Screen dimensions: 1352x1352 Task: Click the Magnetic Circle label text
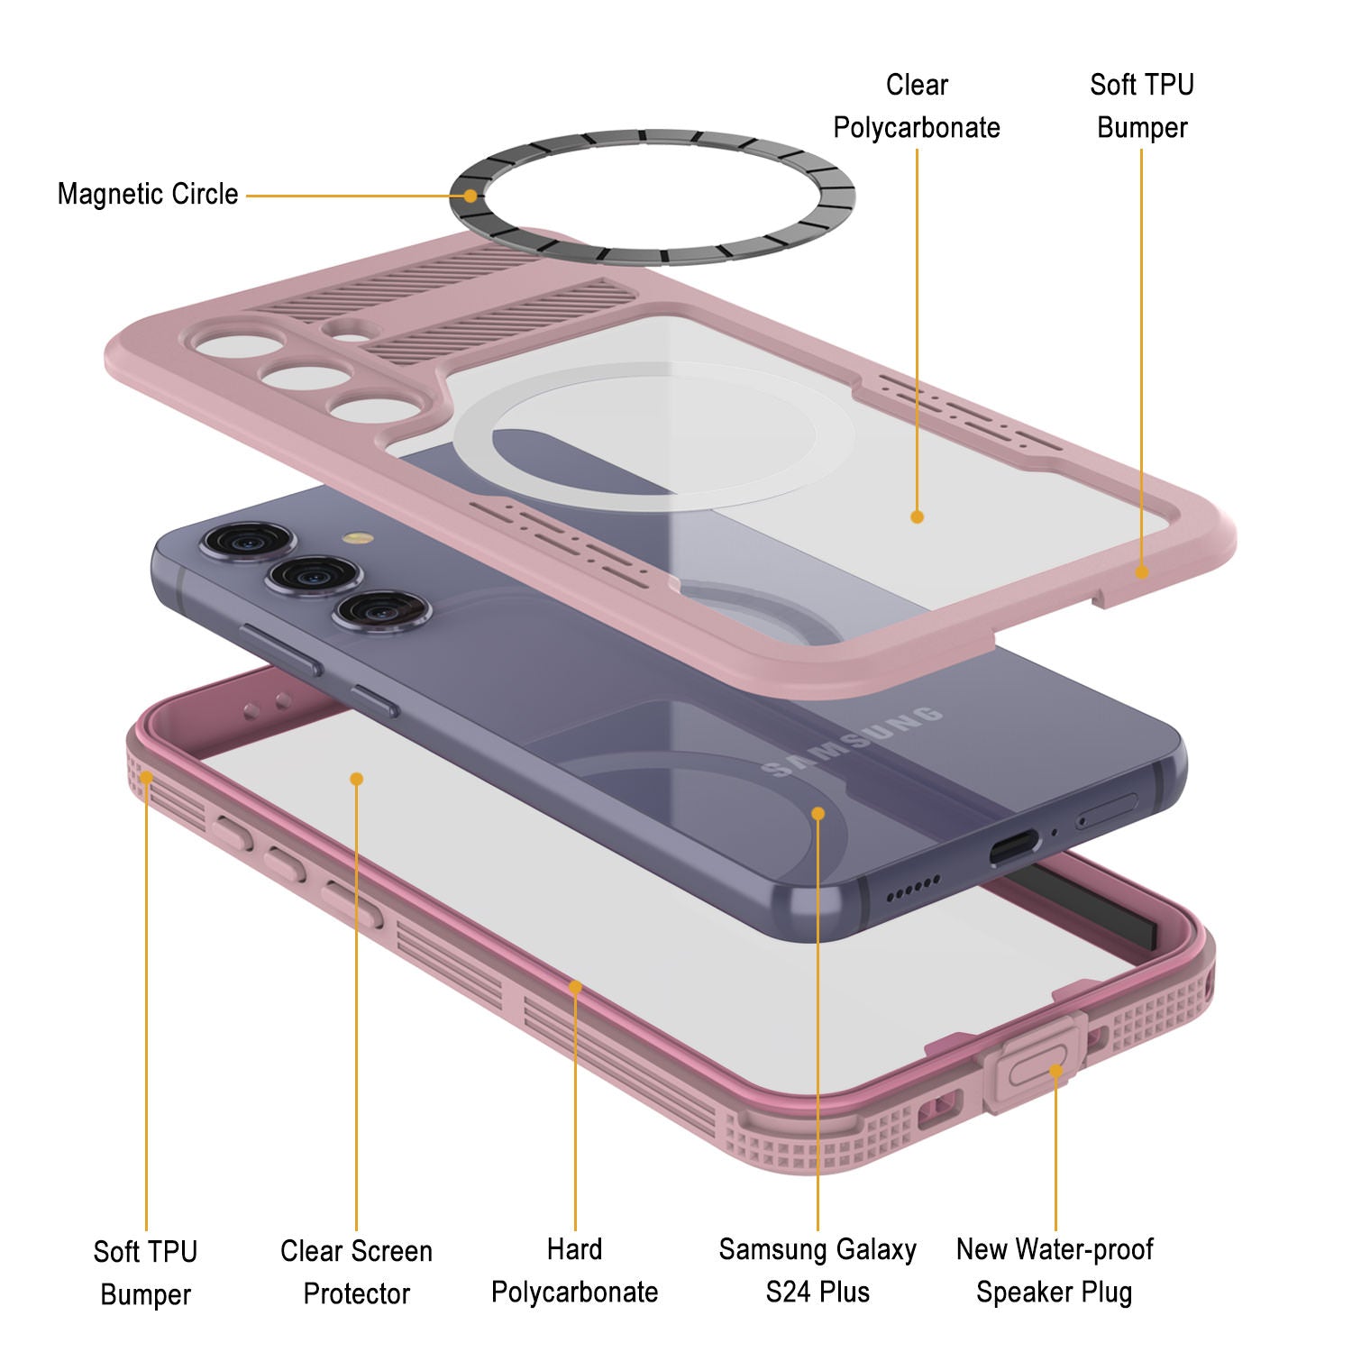pyautogui.click(x=148, y=194)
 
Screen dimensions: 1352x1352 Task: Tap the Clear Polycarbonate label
pyautogui.click(x=916, y=106)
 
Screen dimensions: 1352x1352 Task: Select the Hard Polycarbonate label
pyautogui.click(x=574, y=1271)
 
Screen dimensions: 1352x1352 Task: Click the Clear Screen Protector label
pyautogui.click(x=356, y=1272)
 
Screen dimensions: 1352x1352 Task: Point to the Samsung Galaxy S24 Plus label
pyautogui.click(x=818, y=1271)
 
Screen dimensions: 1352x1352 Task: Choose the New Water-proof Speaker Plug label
pyautogui.click(x=1054, y=1271)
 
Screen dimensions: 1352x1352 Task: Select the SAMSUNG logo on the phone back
pyautogui.click(x=852, y=742)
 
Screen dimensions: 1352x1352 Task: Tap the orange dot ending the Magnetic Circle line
pyautogui.click(x=470, y=196)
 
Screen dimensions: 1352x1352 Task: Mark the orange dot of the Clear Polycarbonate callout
pyautogui.click(x=917, y=516)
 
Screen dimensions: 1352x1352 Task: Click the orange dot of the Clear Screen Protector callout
pyautogui.click(x=357, y=779)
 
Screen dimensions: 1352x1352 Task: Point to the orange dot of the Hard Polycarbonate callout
pyautogui.click(x=575, y=988)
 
